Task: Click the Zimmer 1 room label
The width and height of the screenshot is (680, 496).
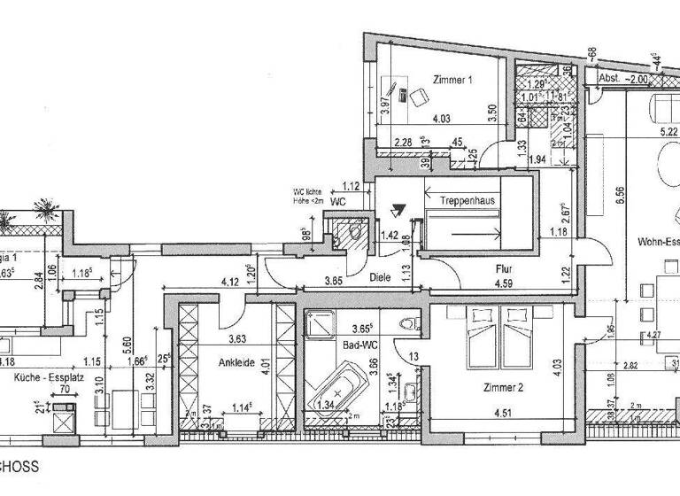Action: coord(452,80)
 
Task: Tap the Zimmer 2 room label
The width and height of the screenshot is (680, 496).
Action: coord(481,387)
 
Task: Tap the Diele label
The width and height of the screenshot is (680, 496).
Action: coord(381,275)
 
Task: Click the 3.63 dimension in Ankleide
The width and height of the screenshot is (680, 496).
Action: coord(237,338)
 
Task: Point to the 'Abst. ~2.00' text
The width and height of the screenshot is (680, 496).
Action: coord(627,79)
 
